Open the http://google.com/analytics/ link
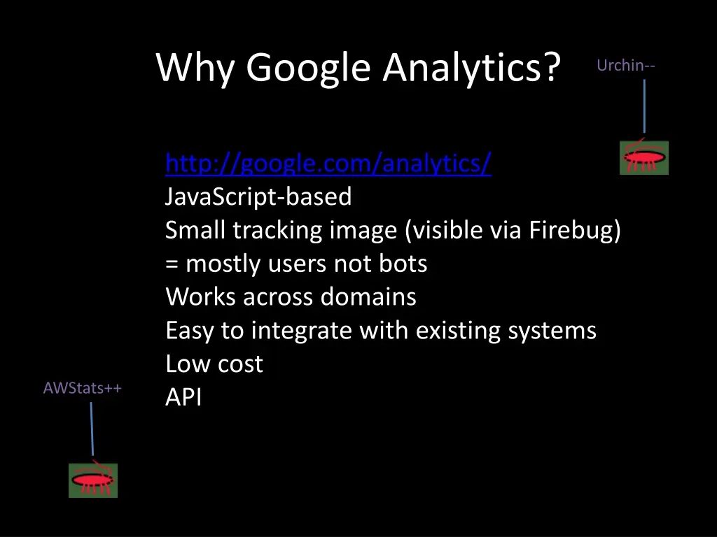328,164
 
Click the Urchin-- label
626,66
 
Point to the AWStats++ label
82,388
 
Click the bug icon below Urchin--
644,158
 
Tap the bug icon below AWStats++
93,480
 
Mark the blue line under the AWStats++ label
92,429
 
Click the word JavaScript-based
258,197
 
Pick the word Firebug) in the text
575,230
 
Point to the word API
183,397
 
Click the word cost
240,364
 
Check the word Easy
190,330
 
